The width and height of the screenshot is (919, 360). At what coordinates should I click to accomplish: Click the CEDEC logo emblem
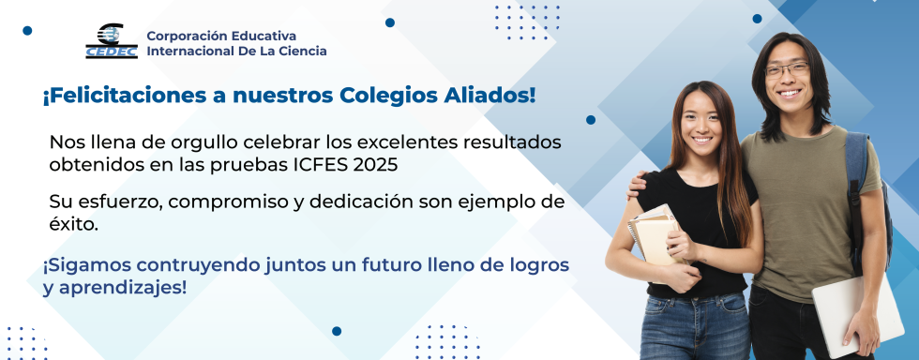pos(112,41)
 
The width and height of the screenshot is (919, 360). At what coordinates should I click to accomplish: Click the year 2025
pos(376,164)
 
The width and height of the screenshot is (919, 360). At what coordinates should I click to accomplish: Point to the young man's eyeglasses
pos(786,69)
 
